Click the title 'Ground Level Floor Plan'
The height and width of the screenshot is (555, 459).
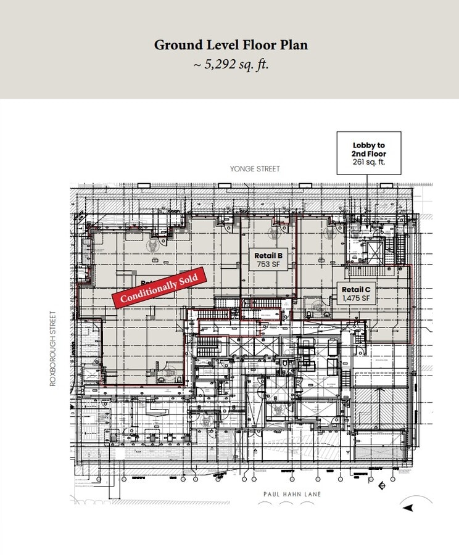230,45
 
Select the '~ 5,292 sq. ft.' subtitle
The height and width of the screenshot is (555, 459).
230,64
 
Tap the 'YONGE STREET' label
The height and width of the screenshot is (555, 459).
255,169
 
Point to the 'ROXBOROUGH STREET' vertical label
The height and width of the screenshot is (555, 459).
53,348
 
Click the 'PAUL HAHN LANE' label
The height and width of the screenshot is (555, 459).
292,494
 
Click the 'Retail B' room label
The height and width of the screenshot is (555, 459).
268,255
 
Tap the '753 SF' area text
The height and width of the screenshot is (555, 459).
268,264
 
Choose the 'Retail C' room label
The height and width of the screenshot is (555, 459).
356,289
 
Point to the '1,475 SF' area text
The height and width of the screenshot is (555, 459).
356,298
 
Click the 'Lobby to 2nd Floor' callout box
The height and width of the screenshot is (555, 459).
368,153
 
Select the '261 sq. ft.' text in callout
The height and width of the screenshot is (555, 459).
368,163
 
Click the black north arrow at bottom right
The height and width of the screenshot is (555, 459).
408,508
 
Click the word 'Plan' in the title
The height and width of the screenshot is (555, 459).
292,45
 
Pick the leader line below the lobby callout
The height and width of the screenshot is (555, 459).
368,197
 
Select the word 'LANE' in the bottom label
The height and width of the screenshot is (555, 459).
312,494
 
